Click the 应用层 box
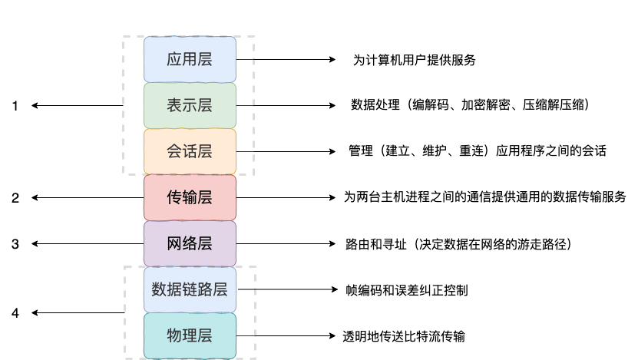coord(190,59)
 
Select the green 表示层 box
coord(190,105)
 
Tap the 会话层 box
coord(190,151)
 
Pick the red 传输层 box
coord(190,197)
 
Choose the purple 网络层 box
coord(190,243)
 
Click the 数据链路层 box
coord(190,289)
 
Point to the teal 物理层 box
coord(190,335)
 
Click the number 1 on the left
coord(15,106)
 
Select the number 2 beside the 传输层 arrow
coord(15,198)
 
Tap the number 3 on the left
coord(15,244)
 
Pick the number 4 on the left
coord(15,313)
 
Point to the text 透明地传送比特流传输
coord(404,335)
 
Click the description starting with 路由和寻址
coord(459,244)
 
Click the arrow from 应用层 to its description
coord(286,59)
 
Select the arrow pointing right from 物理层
coord(286,335)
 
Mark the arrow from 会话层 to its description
coord(286,151)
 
